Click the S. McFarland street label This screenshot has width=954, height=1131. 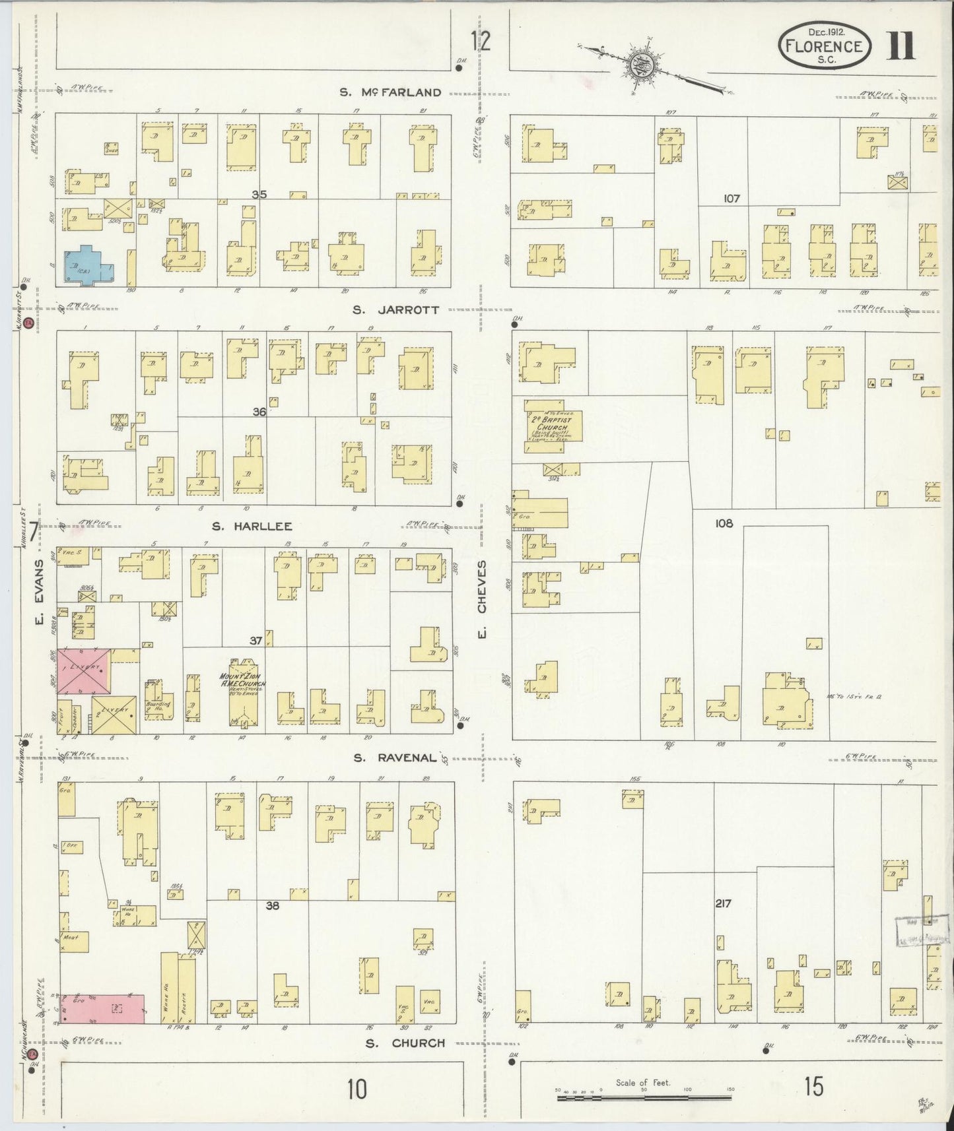(x=390, y=92)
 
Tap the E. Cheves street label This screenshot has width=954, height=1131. (x=482, y=587)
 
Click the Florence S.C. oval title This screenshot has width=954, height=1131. (x=824, y=46)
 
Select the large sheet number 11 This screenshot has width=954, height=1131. (x=900, y=46)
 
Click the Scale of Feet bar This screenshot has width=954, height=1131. (x=644, y=1099)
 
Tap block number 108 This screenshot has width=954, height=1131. (x=724, y=524)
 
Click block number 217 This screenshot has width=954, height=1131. (x=723, y=903)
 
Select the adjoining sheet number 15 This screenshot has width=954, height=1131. (x=813, y=1087)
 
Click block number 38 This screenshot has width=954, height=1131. (x=272, y=905)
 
